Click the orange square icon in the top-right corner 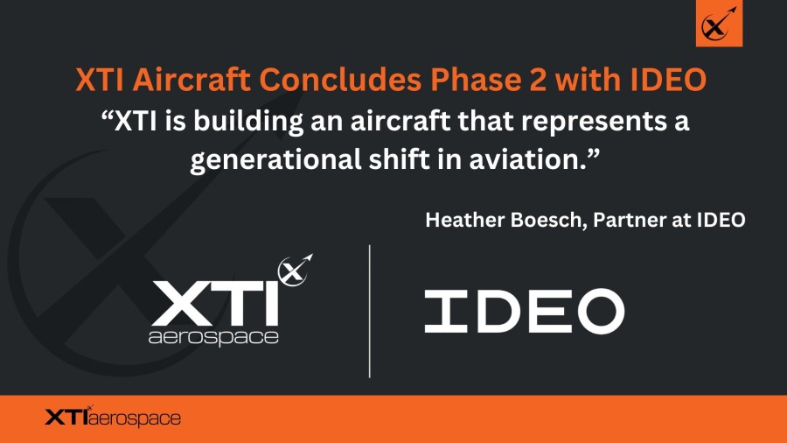point(719,24)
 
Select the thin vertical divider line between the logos point(370,311)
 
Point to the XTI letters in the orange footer point(66,418)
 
